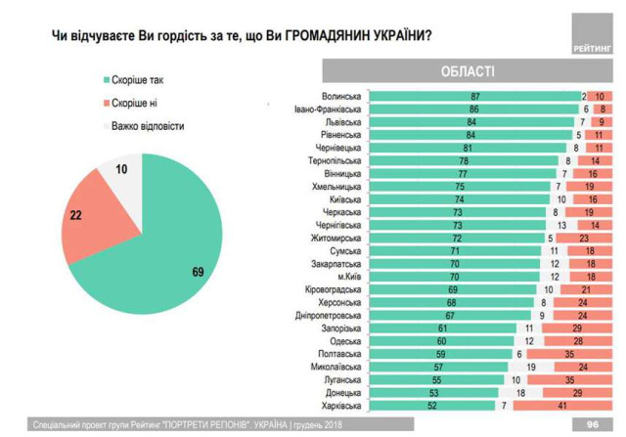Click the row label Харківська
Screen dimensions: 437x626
341,405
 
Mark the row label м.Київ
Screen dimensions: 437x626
347,277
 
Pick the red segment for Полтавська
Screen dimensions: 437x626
593,354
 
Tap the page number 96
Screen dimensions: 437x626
592,425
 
